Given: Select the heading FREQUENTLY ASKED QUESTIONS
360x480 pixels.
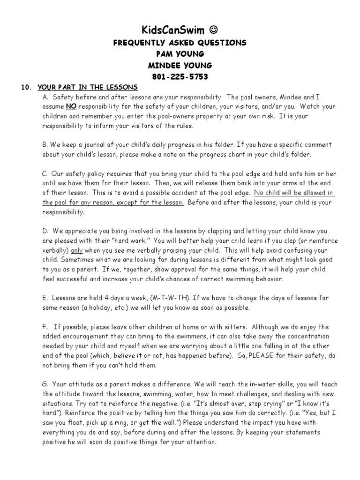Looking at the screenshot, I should [180, 43].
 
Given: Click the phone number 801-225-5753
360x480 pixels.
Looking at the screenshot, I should [180, 76].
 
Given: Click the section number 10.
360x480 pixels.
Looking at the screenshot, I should [26, 88].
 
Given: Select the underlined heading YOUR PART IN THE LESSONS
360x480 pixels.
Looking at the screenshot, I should [88, 88].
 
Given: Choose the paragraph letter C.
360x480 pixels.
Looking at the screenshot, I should [45, 174].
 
